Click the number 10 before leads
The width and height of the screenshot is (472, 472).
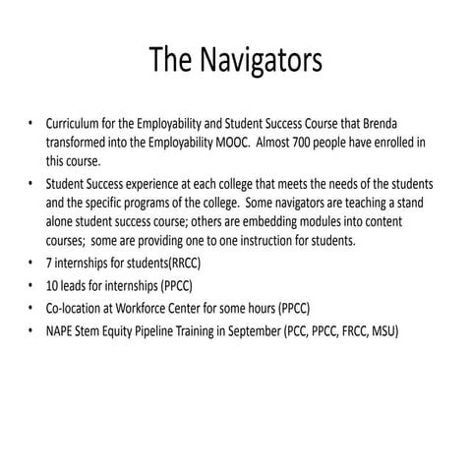[x=53, y=289]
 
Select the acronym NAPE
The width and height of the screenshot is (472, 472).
[x=62, y=333]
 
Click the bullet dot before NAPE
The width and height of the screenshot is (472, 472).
[x=30, y=333]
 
